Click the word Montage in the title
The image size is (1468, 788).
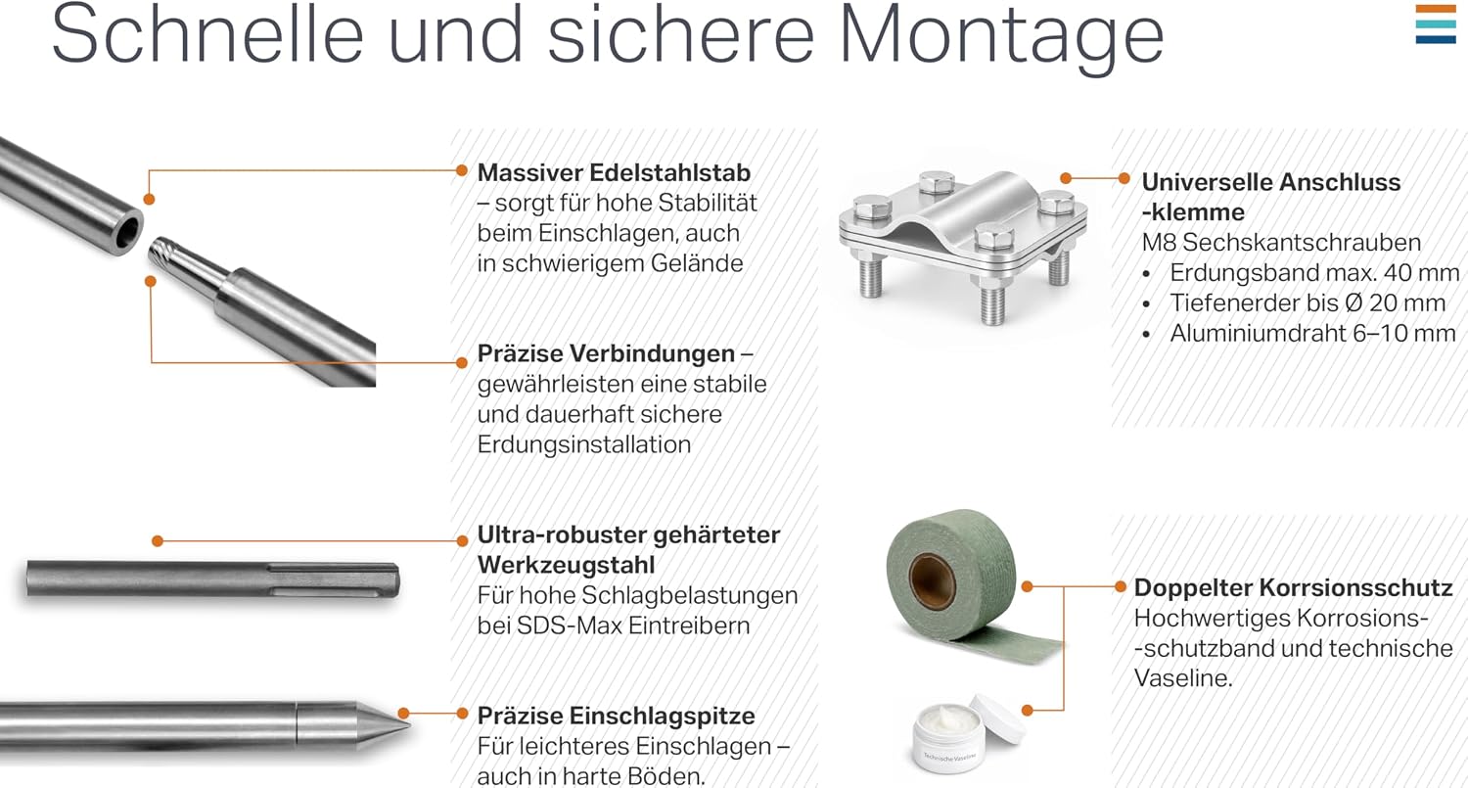pos(1001,37)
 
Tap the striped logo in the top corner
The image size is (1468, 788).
pos(1435,24)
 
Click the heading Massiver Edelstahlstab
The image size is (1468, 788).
pos(614,172)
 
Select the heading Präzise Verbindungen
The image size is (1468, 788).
pos(606,353)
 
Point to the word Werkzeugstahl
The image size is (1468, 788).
pos(567,565)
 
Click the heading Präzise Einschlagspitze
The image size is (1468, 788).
pos(616,716)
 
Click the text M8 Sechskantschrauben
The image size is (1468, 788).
pos(1281,243)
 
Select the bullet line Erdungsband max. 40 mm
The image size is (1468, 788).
pos(1314,273)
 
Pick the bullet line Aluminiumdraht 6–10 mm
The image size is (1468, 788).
pos(1312,333)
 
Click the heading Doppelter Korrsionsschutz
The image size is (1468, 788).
pos(1293,587)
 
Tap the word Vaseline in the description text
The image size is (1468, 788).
pos(1182,678)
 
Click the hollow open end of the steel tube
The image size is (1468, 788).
pos(128,232)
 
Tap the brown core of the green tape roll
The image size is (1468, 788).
pos(931,580)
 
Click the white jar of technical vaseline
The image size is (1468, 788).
pos(967,733)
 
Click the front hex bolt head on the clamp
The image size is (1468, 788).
pos(994,236)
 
